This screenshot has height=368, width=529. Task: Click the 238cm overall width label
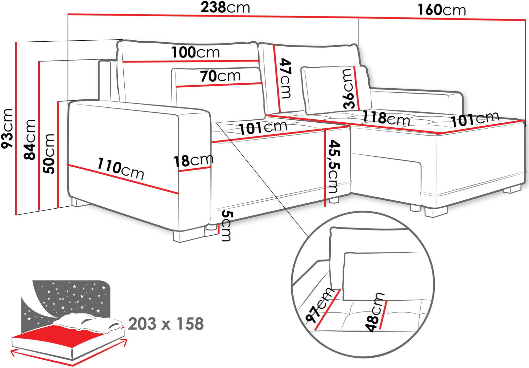tap(225, 8)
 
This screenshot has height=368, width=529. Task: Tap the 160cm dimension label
tap(442, 10)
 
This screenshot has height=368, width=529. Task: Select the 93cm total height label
tap(7, 129)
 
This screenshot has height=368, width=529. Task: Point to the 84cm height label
tap(29, 139)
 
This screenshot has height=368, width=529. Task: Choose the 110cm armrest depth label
tap(120, 169)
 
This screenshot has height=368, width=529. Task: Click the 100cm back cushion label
tap(195, 52)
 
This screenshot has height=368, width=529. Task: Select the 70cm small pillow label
tap(221, 76)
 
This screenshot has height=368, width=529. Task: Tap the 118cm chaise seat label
tap(386, 118)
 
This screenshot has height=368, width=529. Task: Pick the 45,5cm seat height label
tap(333, 167)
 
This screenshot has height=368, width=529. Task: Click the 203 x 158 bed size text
tap(166, 324)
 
